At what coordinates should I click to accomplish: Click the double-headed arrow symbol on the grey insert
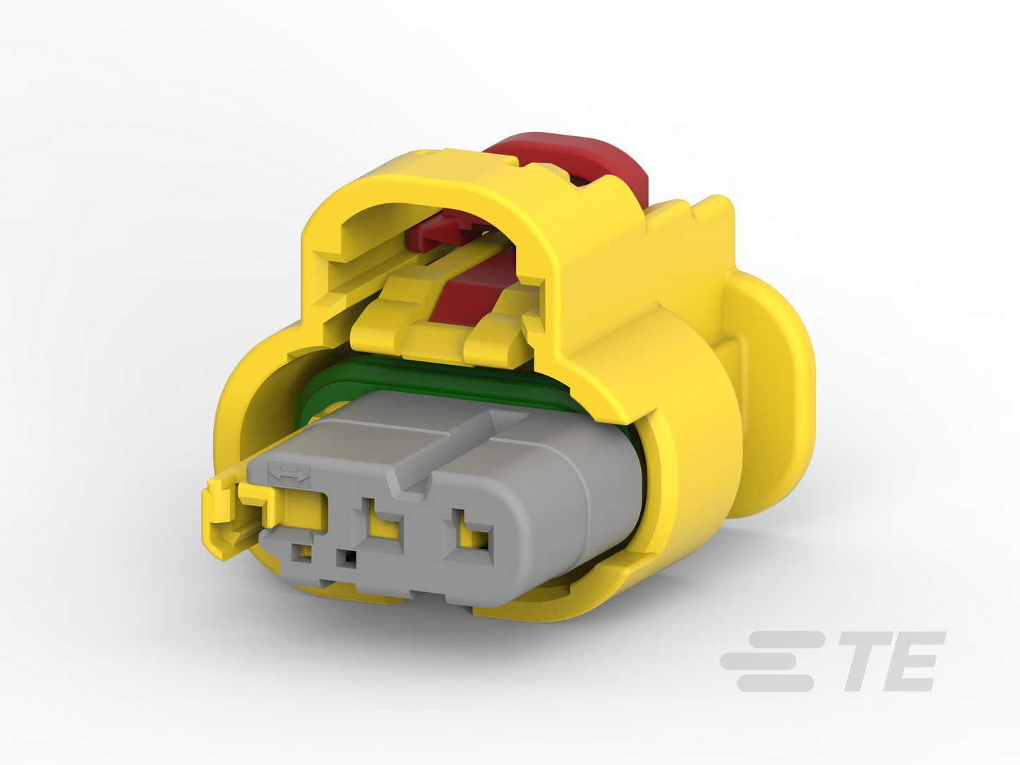(x=289, y=475)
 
